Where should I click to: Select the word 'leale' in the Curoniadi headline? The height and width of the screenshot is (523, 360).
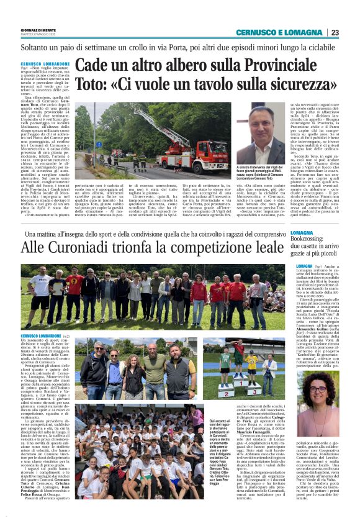pos(264,247)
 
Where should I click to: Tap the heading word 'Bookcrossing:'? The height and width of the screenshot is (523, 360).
pos(313,239)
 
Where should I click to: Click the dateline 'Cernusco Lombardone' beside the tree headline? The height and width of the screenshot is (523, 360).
pos(45,64)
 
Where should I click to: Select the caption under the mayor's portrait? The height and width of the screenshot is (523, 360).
pos(261,175)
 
